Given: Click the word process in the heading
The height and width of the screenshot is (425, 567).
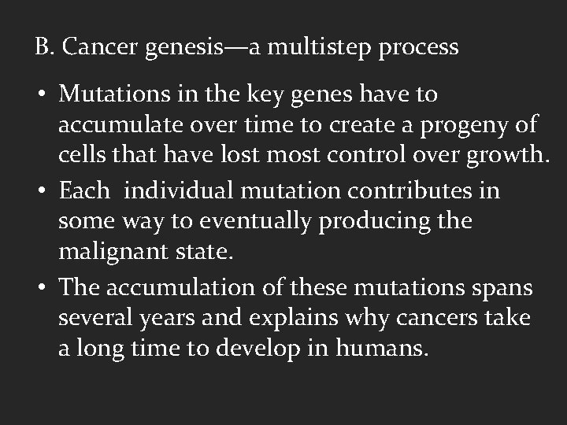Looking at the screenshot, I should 418,48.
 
